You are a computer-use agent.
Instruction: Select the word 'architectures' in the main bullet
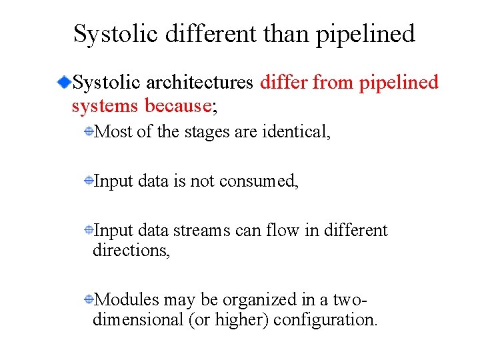pos(198,83)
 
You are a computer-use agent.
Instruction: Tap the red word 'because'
pos(177,105)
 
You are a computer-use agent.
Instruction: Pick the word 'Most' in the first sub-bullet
pos(114,131)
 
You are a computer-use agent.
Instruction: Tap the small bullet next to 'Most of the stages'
pos(88,132)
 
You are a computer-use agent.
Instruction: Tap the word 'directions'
pos(131,251)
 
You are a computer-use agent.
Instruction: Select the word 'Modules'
pos(127,300)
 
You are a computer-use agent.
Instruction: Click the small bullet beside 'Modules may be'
pos(88,301)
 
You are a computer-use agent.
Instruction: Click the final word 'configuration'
pos(325,320)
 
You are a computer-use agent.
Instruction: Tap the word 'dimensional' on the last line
pos(138,320)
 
